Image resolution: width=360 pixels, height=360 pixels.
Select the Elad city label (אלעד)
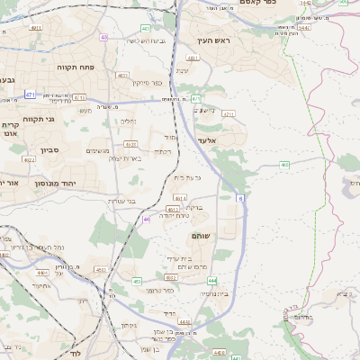tap(206, 140)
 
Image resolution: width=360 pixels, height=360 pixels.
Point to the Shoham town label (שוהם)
tap(202, 235)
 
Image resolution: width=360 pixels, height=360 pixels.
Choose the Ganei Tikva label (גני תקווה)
tap(38, 119)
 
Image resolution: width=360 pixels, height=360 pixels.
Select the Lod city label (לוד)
tap(76, 354)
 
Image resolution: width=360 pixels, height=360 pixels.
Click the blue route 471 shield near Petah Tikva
tap(31, 94)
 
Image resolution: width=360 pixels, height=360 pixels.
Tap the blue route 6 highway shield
tap(240, 197)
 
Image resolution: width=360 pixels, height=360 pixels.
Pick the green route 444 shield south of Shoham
tap(211, 282)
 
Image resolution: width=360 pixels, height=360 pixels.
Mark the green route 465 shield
tap(284, 165)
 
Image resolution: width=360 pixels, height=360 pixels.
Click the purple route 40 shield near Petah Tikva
tap(103, 38)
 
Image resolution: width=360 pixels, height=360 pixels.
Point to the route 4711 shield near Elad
tap(228, 114)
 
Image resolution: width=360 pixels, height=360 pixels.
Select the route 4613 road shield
tap(173, 208)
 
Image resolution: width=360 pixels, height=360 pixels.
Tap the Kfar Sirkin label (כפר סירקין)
tap(146, 83)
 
